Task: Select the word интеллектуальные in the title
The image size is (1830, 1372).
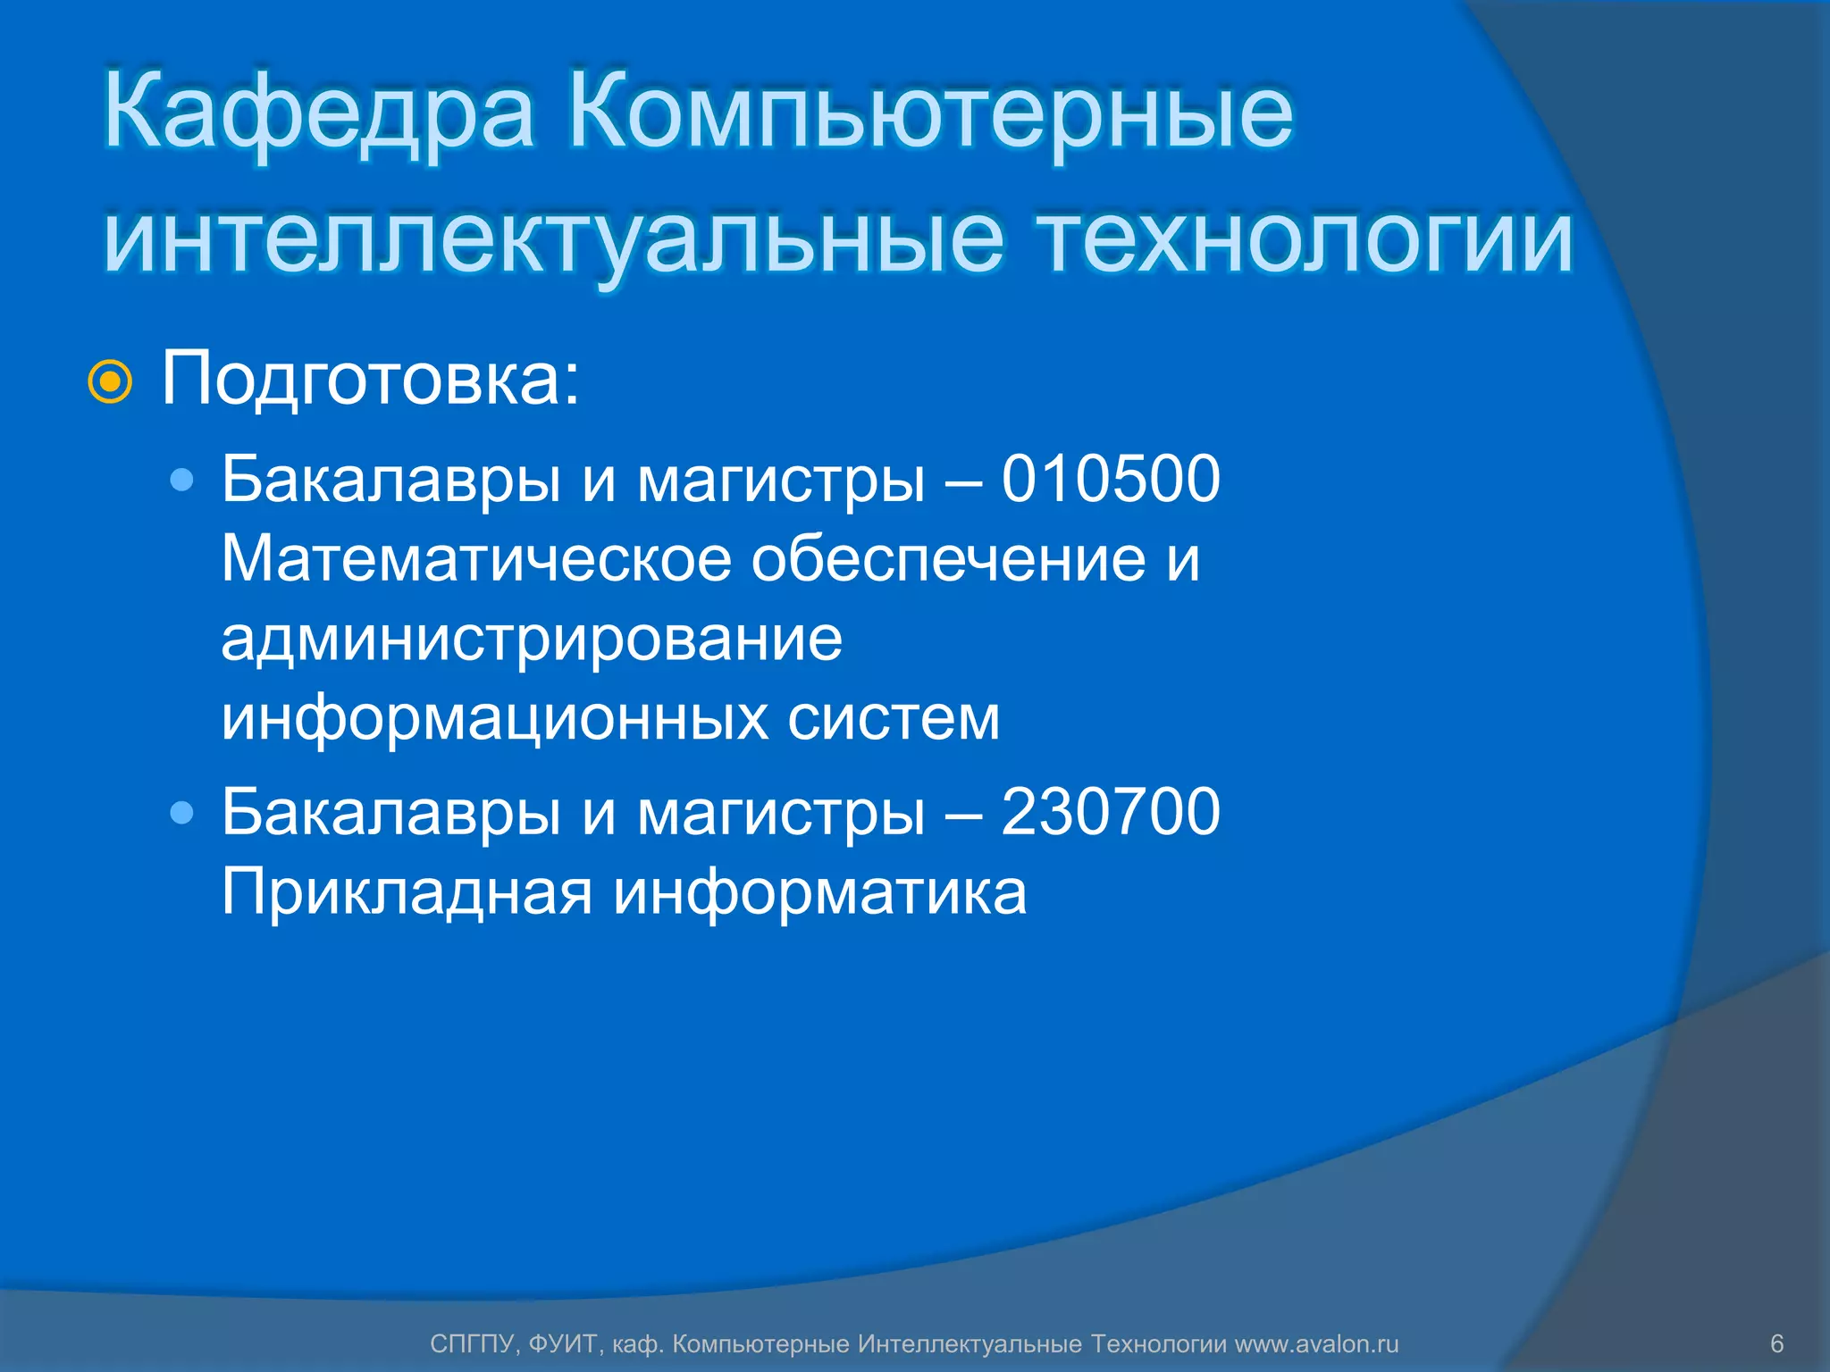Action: (553, 239)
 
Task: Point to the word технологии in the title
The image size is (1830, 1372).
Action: (1305, 239)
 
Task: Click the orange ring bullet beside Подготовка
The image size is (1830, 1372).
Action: (110, 382)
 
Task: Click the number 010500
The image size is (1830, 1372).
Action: (1110, 479)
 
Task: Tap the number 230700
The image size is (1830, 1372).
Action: (1110, 812)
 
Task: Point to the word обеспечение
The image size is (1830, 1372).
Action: (947, 559)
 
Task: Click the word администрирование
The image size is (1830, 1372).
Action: (532, 640)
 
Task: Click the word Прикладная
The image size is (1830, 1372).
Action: (407, 892)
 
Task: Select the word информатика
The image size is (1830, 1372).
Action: (819, 892)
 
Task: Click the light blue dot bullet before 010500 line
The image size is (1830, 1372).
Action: (182, 481)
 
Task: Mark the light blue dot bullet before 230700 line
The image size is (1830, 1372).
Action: (182, 813)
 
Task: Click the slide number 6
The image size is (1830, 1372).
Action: (1776, 1343)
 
